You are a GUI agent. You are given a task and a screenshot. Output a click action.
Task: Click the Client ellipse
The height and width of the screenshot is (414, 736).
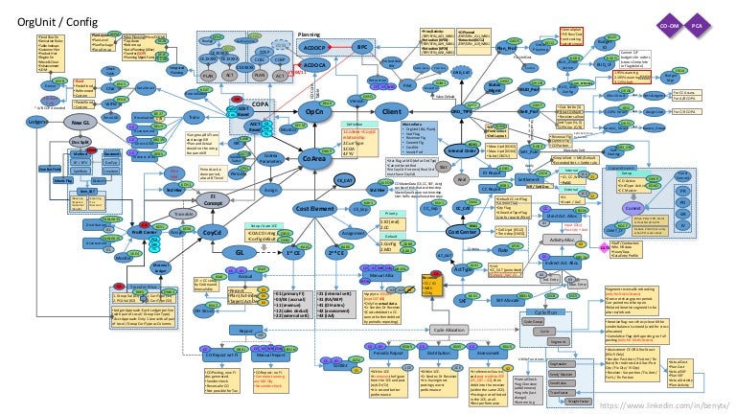(x=391, y=112)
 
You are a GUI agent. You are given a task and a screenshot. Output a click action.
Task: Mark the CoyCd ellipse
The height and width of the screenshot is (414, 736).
(x=213, y=231)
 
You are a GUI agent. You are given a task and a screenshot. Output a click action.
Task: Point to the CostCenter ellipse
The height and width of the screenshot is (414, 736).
(x=464, y=231)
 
